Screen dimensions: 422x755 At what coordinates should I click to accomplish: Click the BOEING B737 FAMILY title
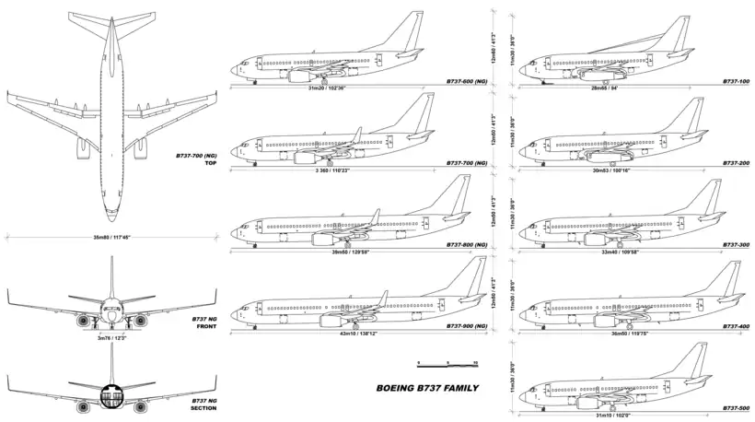pyautogui.click(x=428, y=388)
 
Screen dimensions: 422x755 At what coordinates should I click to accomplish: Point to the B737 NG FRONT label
pyautogui.click(x=203, y=322)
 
